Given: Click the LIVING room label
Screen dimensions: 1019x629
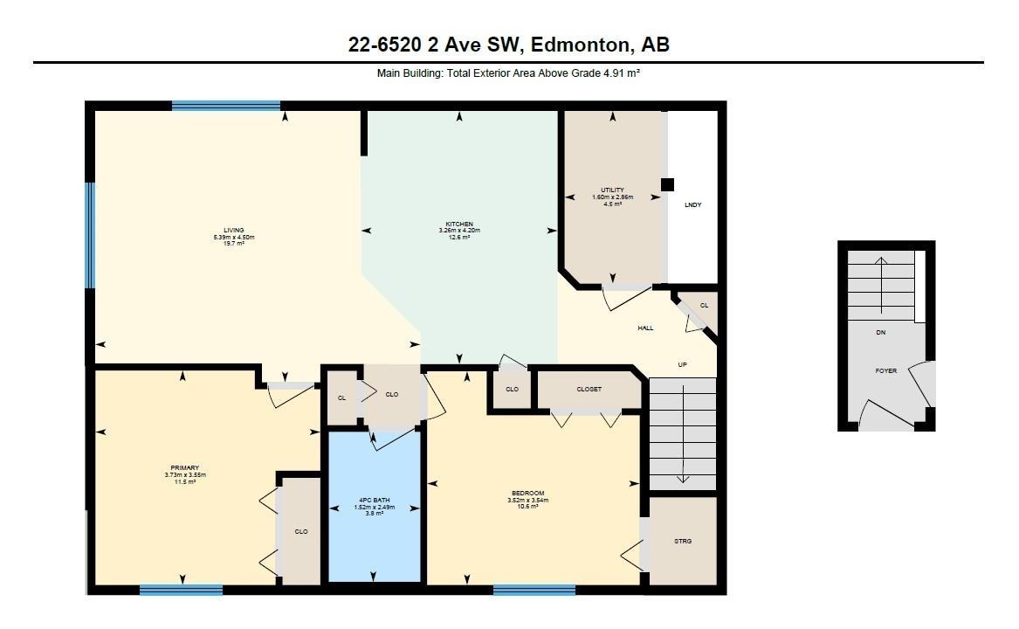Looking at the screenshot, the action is pyautogui.click(x=234, y=231).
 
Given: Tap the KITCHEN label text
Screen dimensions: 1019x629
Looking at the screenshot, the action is pyautogui.click(x=459, y=225).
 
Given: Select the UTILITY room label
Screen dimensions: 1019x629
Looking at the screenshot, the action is pyautogui.click(x=612, y=190).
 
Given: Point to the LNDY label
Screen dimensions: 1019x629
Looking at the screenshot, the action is pyautogui.click(x=693, y=205).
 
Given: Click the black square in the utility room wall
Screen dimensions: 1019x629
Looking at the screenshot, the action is pyautogui.click(x=667, y=184).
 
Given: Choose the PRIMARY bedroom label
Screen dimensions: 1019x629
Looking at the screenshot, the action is pyautogui.click(x=185, y=467).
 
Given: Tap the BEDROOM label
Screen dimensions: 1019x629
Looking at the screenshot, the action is pyautogui.click(x=527, y=493).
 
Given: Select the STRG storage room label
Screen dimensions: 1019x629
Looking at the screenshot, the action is pyautogui.click(x=683, y=541).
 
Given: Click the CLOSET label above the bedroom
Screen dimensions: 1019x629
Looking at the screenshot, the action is pyautogui.click(x=589, y=389).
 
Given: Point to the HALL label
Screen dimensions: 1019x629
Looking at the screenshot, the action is pyautogui.click(x=645, y=328).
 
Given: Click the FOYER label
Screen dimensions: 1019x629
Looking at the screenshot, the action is pyautogui.click(x=885, y=370).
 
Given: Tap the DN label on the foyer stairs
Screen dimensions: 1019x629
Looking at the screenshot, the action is pyautogui.click(x=880, y=332).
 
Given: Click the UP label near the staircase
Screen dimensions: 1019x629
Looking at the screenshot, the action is pyautogui.click(x=682, y=365).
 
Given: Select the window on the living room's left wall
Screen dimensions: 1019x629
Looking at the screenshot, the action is pyautogui.click(x=90, y=235).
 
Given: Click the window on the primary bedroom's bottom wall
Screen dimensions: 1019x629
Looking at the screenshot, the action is pyautogui.click(x=182, y=590).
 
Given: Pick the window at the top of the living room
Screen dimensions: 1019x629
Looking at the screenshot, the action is pyautogui.click(x=226, y=106).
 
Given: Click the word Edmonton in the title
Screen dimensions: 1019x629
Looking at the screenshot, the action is pyautogui.click(x=581, y=45).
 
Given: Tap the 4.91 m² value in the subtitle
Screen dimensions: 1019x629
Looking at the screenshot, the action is pyautogui.click(x=622, y=73).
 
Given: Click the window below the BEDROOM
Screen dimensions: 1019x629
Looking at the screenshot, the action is pyautogui.click(x=534, y=590).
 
